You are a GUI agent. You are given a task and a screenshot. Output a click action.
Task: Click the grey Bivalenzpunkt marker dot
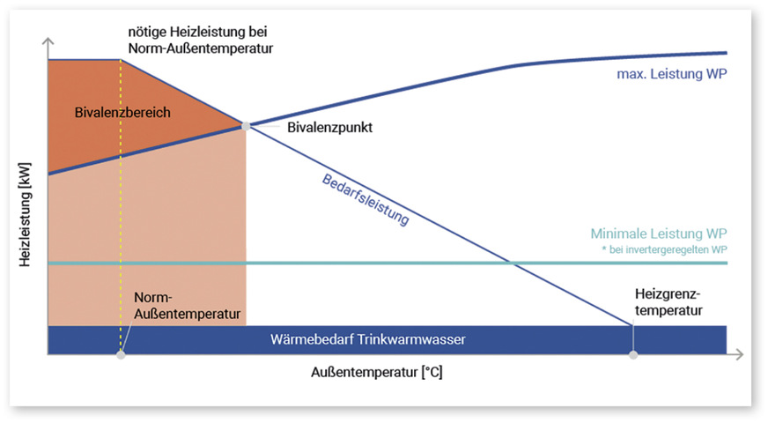(246, 126)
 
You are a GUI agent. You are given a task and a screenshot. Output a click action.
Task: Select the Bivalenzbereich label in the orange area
(123, 113)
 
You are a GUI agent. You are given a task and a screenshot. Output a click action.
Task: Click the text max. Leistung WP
(671, 74)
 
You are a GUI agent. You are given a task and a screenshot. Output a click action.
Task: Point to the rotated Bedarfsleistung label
(365, 197)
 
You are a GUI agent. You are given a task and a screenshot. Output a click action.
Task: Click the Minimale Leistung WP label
(659, 235)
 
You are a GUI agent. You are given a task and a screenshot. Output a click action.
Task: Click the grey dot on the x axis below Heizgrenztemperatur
(632, 355)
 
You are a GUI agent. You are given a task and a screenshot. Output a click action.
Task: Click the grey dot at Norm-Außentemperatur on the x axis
(121, 355)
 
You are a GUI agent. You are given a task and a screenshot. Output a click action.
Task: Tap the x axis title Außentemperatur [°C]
(377, 373)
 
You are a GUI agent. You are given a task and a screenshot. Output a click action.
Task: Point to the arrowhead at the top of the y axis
(48, 42)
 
